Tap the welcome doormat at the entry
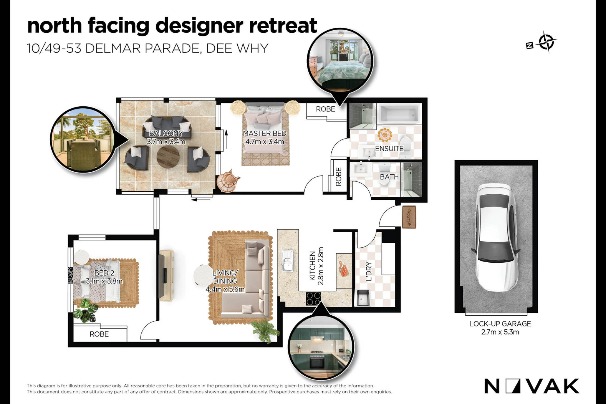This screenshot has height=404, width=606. pos(409,217)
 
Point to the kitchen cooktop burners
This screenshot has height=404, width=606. pos(313,299)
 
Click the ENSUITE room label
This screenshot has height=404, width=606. pos(389,149)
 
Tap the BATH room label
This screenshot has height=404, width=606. pos(389,177)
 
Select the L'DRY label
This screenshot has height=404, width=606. pos(369,271)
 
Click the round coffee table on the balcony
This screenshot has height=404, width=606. pos(168,157)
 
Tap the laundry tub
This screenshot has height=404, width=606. pos(363,298)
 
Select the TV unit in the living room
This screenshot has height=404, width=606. pos(166,275)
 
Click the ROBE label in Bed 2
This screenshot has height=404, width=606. pos(99,334)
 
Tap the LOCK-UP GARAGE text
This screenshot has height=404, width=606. pos(500,324)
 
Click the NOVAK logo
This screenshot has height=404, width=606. pos(532,386)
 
